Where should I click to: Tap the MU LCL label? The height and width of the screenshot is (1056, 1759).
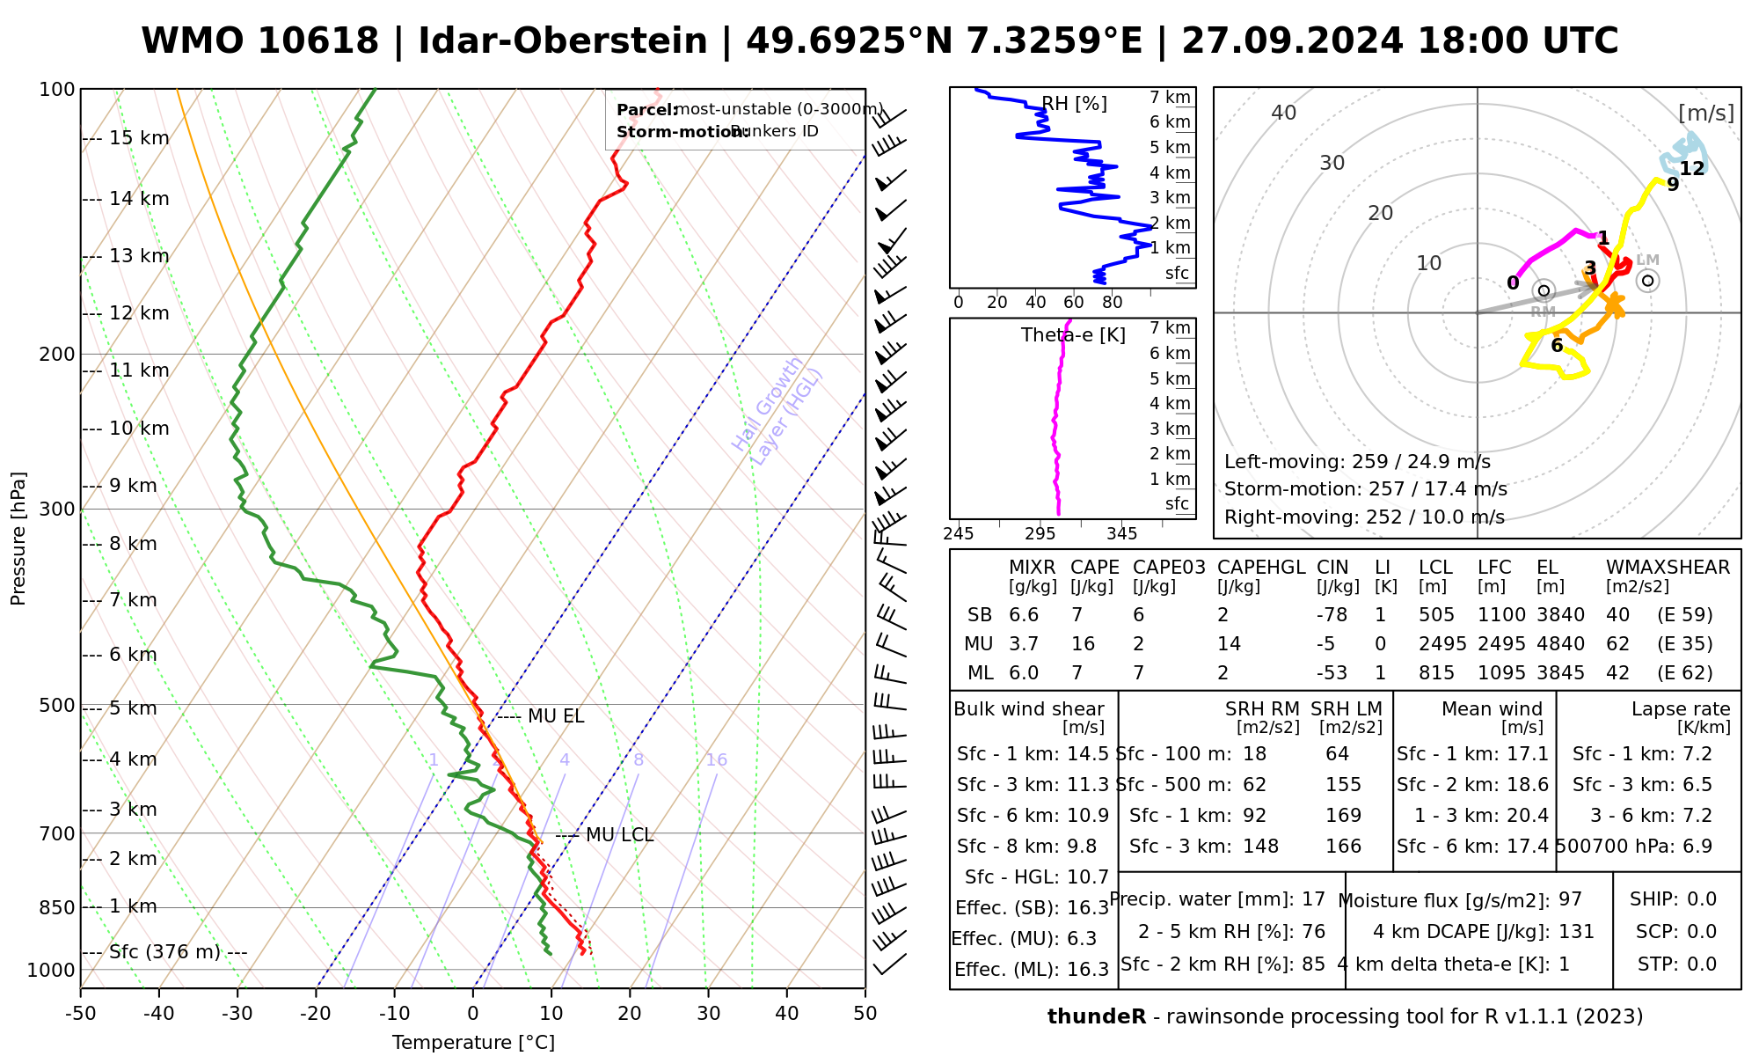619,834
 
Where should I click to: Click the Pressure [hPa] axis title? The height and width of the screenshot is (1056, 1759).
18,539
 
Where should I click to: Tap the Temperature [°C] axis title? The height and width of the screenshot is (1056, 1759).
473,1043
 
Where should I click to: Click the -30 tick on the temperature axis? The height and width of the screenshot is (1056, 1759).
237,1014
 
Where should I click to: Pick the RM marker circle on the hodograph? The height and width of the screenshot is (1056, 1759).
1544,291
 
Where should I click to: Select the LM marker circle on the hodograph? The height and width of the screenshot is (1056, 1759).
1648,281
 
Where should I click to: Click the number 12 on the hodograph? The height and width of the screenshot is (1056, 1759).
1692,169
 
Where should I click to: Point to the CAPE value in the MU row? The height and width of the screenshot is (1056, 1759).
1083,644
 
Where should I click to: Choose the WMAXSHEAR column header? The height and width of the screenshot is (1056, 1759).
1668,568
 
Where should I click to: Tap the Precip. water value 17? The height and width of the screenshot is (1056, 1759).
1313,899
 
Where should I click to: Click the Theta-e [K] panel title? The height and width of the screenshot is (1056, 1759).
1073,335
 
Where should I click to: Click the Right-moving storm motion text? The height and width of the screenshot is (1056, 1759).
1364,517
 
